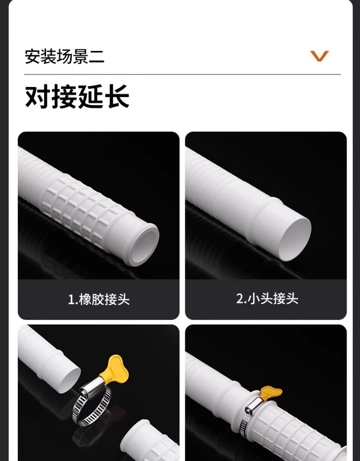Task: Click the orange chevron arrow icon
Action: (320, 56)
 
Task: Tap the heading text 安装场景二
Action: (64, 57)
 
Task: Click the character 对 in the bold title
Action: (37, 97)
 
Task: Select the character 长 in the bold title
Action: (118, 97)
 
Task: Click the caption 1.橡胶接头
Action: (99, 299)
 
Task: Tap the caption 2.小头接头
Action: (267, 298)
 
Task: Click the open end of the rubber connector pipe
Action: (144, 244)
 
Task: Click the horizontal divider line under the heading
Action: (182, 75)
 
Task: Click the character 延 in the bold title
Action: (91, 97)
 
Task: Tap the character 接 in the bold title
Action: (64, 97)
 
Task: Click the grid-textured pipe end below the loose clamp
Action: (150, 441)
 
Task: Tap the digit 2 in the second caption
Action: (239, 299)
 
